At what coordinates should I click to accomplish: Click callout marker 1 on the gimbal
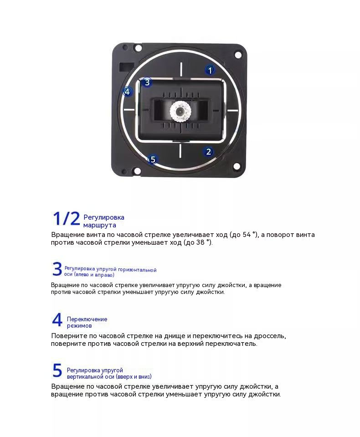210,70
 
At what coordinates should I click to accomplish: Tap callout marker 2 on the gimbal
208,152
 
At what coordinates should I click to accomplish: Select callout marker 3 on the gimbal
146,82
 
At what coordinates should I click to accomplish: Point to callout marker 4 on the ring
127,92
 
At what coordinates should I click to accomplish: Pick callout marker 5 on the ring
153,159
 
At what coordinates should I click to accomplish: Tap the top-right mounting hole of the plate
237,55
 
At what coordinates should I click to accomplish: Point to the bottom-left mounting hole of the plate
137,171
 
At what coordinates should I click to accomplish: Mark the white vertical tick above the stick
181,69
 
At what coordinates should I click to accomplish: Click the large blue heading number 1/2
66,219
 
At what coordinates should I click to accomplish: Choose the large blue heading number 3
57,269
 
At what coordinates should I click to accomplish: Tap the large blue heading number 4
57,320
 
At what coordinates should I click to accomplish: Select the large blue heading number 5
57,371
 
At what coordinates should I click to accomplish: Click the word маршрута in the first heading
99,225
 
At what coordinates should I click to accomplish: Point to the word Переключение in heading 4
87,319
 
